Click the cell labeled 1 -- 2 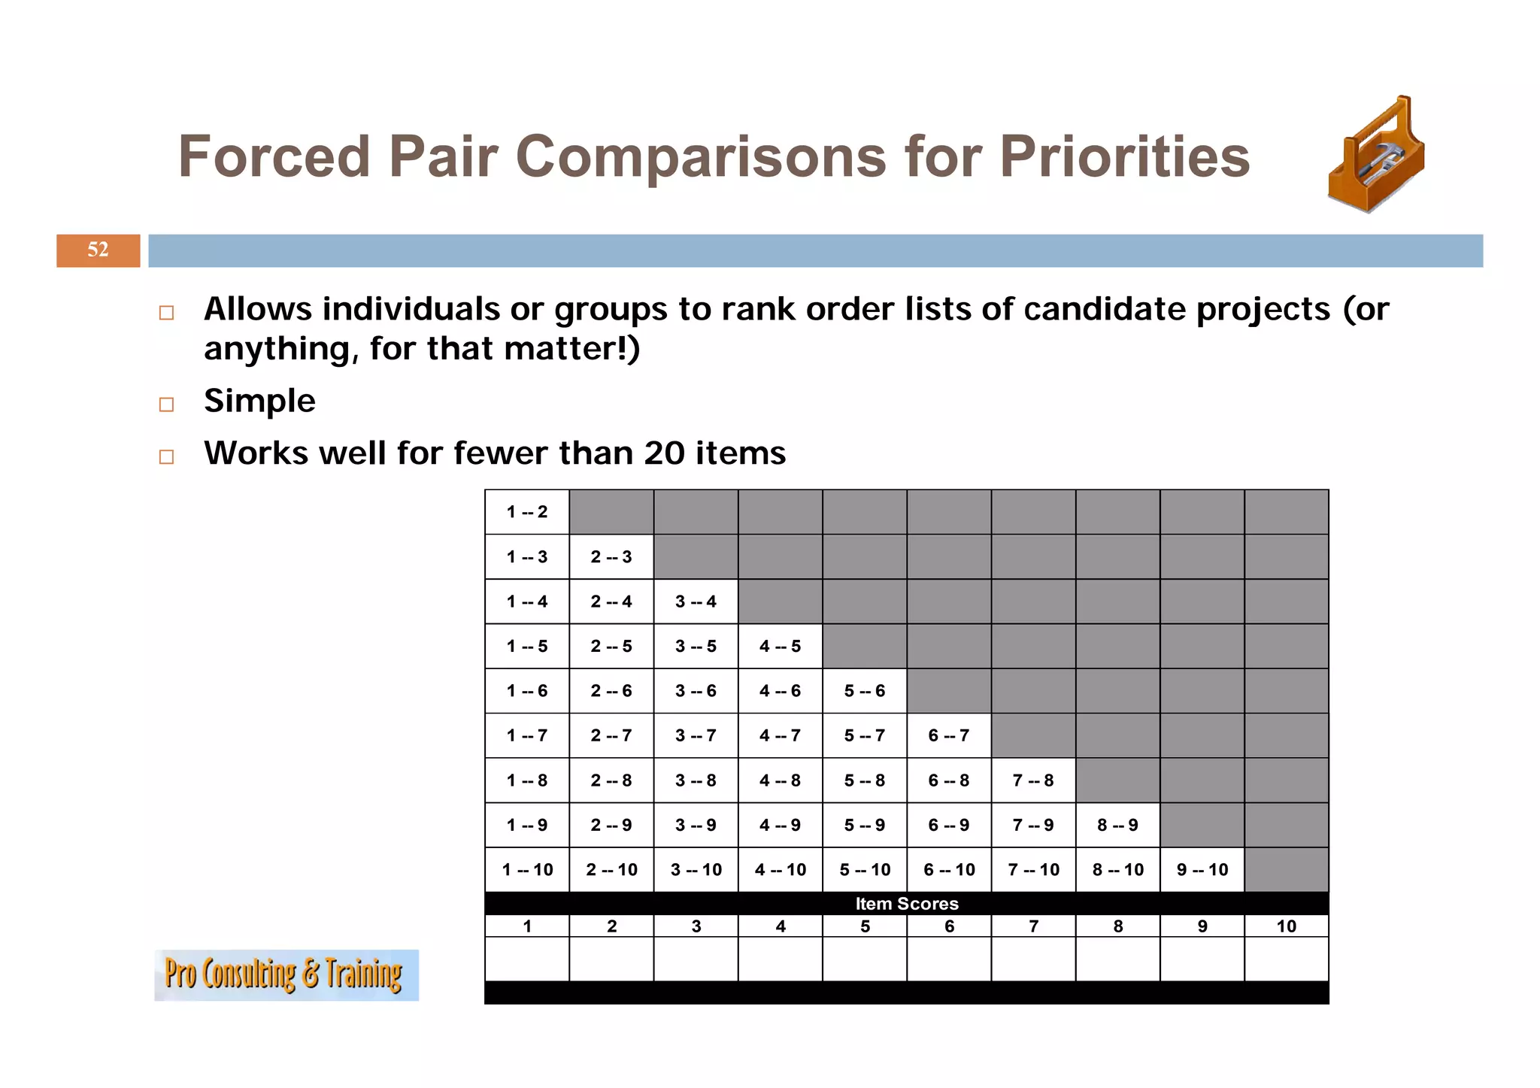pos(526,512)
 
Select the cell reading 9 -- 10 pos(1202,870)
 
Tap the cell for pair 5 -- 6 pos(864,691)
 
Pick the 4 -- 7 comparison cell pos(780,735)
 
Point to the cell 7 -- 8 pos(1033,780)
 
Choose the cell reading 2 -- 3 pos(611,557)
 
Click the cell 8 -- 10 pos(1117,870)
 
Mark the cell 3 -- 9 pos(696,825)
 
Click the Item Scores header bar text pos(906,904)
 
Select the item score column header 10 pos(1286,926)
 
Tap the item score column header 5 pos(865,926)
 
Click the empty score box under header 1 pos(526,959)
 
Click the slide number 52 pos(98,250)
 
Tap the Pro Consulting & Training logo pos(286,974)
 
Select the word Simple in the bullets pos(259,401)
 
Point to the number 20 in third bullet pos(663,453)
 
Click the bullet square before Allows pos(167,313)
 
